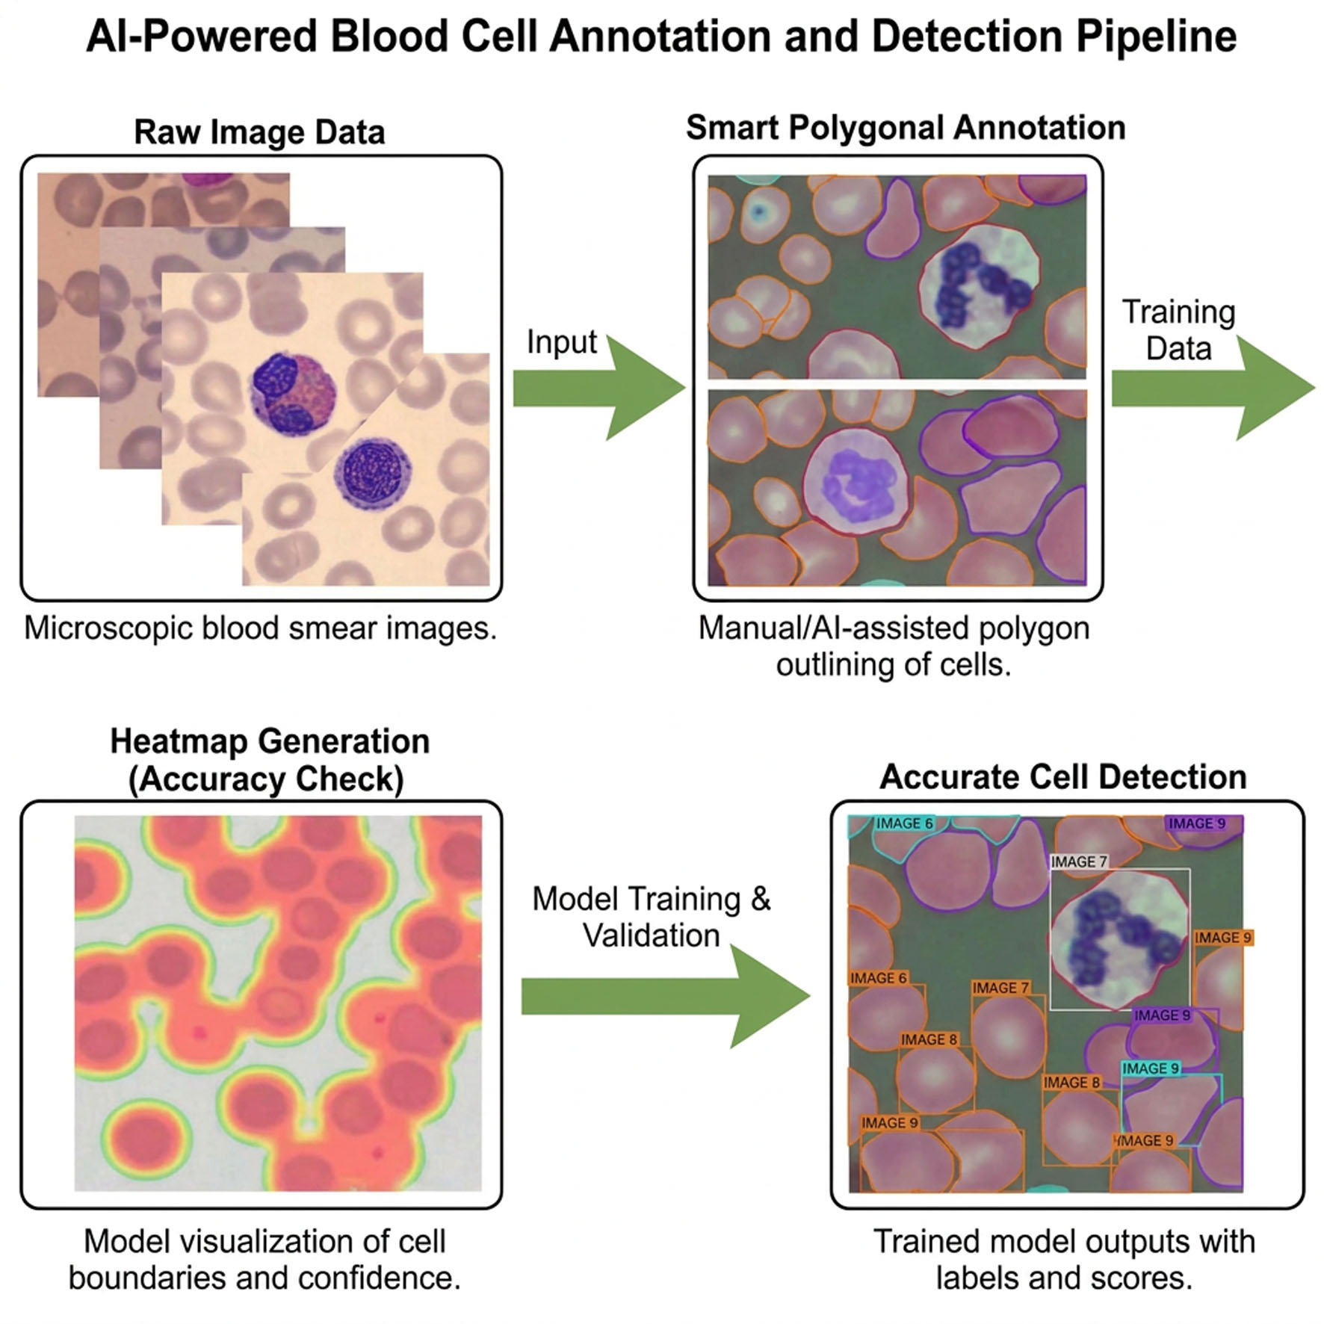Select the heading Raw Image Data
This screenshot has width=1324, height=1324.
click(x=259, y=132)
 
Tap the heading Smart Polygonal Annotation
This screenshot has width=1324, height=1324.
click(x=906, y=128)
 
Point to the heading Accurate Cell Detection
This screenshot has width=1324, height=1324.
click(x=1063, y=777)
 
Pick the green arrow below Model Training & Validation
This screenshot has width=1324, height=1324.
click(x=666, y=996)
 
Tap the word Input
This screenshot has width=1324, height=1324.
click(x=562, y=342)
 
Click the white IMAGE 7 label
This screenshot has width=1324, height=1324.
click(x=1079, y=861)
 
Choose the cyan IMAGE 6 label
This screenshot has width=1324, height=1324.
click(x=904, y=823)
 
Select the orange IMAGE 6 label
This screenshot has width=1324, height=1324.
click(x=879, y=978)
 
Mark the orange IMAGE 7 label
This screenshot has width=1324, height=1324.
click(x=1000, y=988)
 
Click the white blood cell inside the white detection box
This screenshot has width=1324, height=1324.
click(x=1119, y=938)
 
